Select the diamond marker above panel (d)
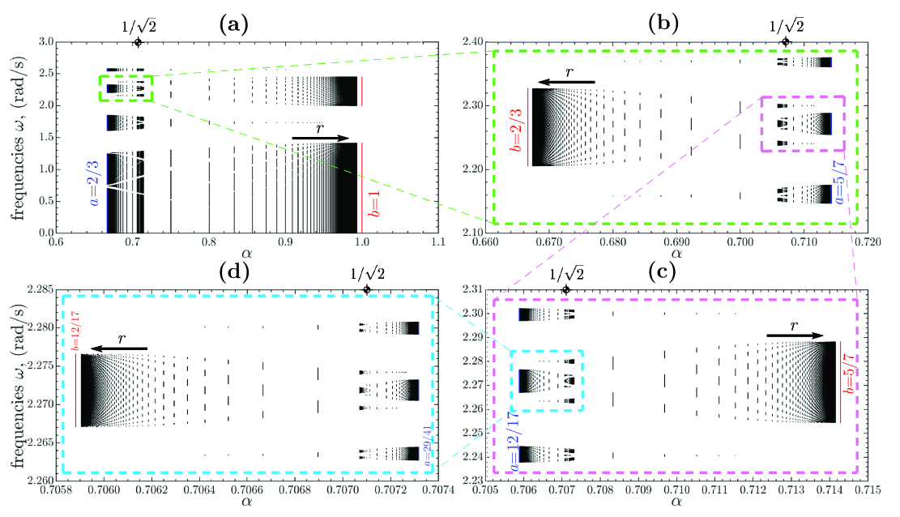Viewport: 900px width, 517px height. pyautogui.click(x=367, y=289)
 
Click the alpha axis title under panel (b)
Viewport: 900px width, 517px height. pyautogui.click(x=676, y=254)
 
